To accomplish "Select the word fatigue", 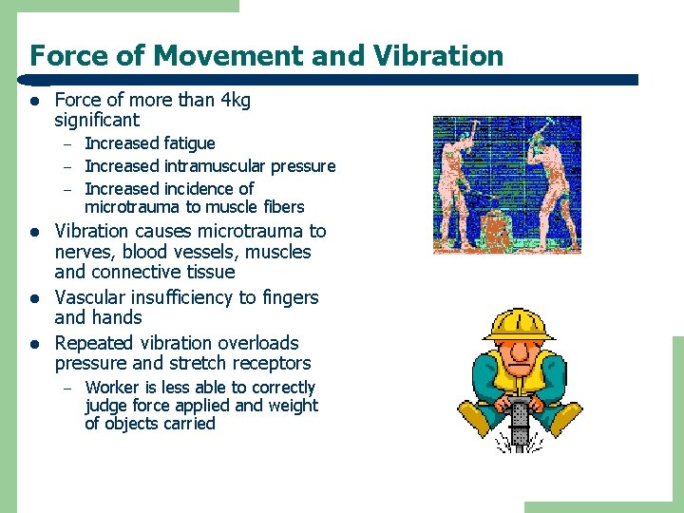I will click(190, 143).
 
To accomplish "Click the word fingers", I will click(289, 297).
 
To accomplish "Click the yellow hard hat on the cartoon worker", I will click(518, 325).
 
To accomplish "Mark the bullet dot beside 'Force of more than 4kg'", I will click(34, 101).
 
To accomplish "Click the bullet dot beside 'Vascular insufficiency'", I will click(34, 298).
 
